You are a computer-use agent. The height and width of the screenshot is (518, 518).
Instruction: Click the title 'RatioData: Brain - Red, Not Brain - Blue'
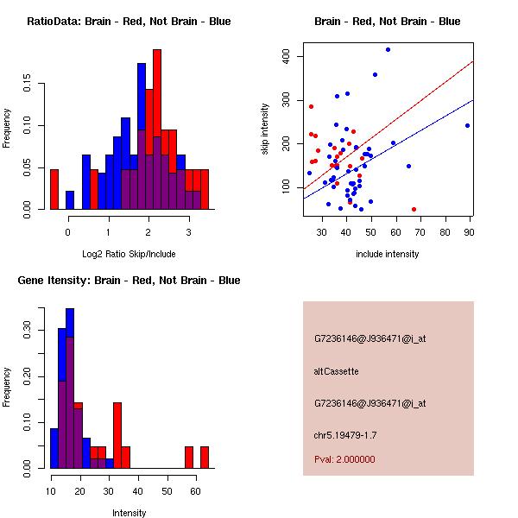click(x=129, y=21)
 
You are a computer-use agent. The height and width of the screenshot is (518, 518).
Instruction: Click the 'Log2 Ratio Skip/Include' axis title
click(x=129, y=254)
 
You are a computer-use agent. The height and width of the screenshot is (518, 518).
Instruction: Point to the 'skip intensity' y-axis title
click(x=266, y=129)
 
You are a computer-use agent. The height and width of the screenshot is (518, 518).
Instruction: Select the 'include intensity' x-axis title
click(x=388, y=254)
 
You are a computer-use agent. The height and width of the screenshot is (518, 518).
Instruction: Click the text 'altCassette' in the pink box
click(x=336, y=371)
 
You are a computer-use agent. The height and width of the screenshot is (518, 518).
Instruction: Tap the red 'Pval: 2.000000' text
click(x=344, y=459)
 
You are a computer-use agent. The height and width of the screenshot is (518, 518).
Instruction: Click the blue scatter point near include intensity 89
click(x=467, y=125)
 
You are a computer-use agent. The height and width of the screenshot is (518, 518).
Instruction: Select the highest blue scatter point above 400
click(x=388, y=49)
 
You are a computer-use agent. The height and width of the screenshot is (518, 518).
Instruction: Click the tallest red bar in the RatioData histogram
click(x=157, y=121)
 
